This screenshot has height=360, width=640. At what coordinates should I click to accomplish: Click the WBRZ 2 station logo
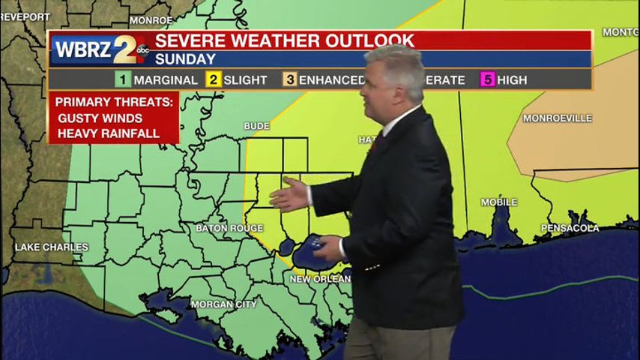[x=100, y=49]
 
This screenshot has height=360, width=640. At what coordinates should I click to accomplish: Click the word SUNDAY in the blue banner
[x=185, y=59]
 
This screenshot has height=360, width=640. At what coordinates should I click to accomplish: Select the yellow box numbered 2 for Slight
[x=213, y=79]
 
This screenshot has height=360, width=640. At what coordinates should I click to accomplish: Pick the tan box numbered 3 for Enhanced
[x=289, y=79]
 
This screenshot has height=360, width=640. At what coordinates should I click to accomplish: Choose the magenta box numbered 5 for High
[x=487, y=79]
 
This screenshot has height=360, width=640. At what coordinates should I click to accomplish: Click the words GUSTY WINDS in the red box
[x=100, y=118]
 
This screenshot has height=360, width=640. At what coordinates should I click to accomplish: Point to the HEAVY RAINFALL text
[x=108, y=133]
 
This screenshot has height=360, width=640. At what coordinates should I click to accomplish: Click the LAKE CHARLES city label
[x=51, y=247]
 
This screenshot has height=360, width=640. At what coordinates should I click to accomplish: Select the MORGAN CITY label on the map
[x=223, y=304]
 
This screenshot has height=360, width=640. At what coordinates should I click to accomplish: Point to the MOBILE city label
[x=499, y=202]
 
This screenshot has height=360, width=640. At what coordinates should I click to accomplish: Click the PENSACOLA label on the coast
[x=571, y=228]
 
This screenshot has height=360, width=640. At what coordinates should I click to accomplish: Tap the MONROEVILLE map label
[x=557, y=118]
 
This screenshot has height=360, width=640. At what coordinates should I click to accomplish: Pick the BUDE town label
[x=256, y=126]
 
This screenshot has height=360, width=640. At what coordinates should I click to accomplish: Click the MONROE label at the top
[x=151, y=20]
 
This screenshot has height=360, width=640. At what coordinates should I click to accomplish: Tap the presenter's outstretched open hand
[x=290, y=194]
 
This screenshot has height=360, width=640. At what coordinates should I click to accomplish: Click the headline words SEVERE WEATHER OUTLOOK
[x=284, y=40]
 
